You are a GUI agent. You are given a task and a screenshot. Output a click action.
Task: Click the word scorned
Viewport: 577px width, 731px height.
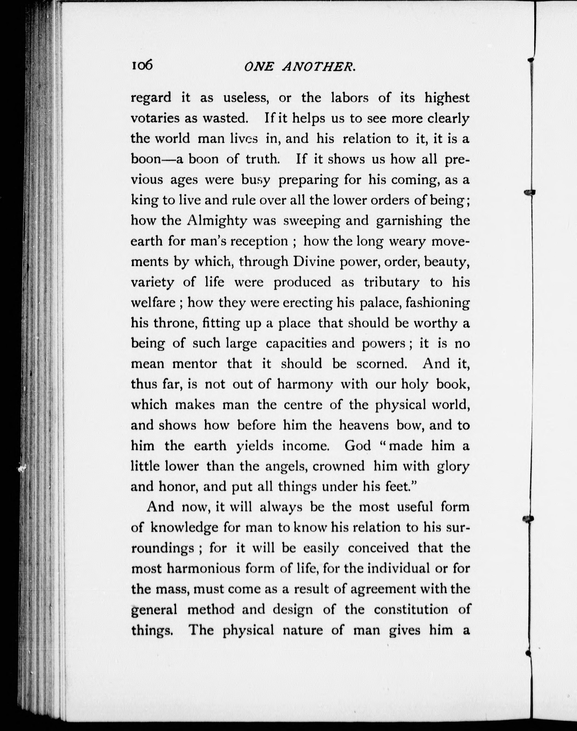point(381,364)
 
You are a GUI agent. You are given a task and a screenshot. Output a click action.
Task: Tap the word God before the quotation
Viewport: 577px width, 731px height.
point(358,446)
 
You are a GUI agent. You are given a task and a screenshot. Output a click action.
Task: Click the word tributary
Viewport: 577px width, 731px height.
point(392,282)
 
